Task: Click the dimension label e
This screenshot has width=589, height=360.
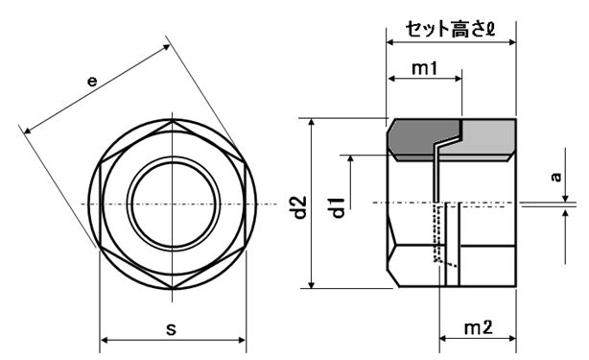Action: pos(92,81)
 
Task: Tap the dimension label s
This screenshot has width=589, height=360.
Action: pos(171,329)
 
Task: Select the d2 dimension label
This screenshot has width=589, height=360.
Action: pos(299,207)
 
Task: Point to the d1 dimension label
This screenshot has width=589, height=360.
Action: pos(338,207)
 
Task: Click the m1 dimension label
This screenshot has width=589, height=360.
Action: pos(424,68)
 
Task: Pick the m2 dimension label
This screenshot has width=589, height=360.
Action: pos(478,327)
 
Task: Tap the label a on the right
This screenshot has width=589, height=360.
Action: pos(556,177)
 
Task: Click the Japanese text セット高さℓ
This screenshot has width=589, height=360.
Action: pos(450,29)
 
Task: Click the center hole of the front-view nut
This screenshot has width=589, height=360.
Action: pos(173,204)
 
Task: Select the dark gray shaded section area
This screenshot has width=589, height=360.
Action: pos(421,137)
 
